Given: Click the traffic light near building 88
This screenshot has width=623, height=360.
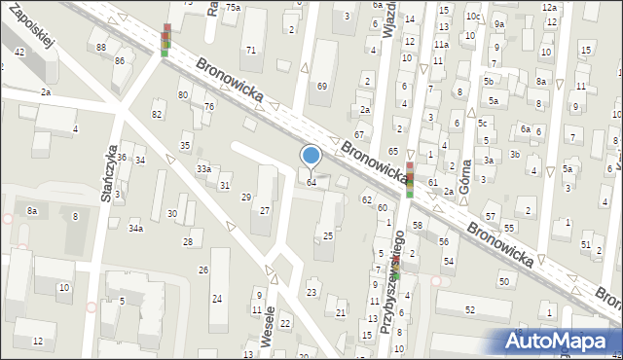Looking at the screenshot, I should click(165, 40).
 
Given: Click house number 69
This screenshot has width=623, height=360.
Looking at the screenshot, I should click(322, 87).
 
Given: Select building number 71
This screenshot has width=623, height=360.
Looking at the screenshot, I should click(251, 50).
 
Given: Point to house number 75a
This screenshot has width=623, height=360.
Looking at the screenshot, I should click(233, 7).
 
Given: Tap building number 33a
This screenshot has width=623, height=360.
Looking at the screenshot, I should click(203, 169).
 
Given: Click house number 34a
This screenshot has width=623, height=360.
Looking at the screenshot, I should click(136, 229).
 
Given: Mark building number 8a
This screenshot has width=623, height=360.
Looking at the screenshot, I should click(32, 211).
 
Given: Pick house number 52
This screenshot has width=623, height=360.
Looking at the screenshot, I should click(469, 309).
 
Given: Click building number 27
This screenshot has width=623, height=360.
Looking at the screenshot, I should click(264, 210).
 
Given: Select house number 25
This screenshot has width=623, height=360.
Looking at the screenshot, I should click(328, 235).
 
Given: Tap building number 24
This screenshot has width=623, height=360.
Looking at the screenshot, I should click(217, 298).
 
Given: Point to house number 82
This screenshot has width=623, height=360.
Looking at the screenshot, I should click(157, 115).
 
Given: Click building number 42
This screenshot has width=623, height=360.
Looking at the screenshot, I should click(19, 52).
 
